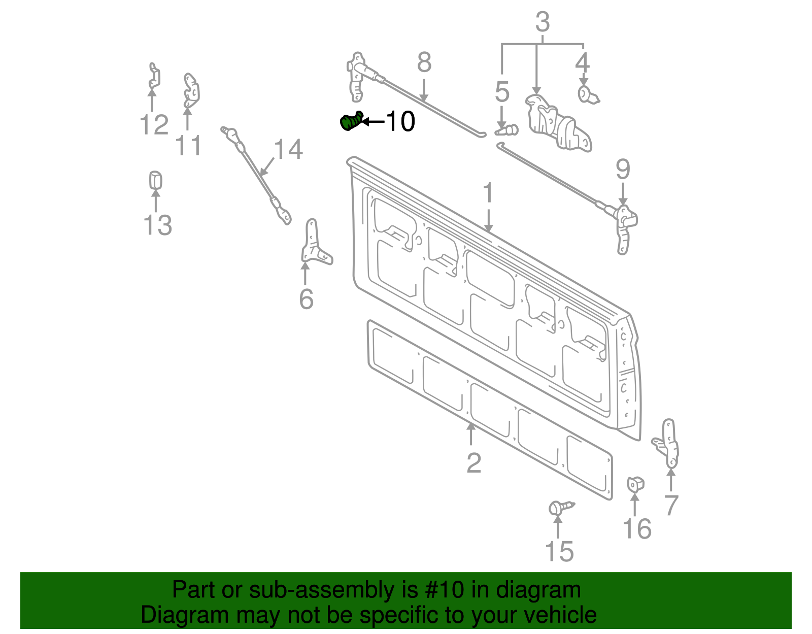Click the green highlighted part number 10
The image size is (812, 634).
350,122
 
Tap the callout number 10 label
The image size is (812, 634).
400,122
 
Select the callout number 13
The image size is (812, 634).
157,225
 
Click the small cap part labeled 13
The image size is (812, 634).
155,180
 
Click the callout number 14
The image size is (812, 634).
288,150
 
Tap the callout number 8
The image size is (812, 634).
424,63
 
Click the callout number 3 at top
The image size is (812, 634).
543,23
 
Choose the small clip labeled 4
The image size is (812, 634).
587,94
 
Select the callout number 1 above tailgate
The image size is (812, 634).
488,194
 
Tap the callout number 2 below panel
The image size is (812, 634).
473,463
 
